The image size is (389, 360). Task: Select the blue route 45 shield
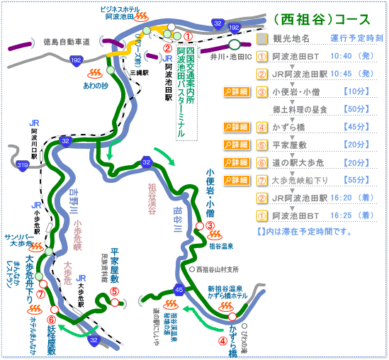pyautogui.click(x=179, y=289)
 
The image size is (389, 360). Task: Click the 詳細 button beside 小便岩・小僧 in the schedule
pyautogui.click(x=236, y=92)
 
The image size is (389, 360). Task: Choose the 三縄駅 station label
pyautogui.click(x=135, y=72)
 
